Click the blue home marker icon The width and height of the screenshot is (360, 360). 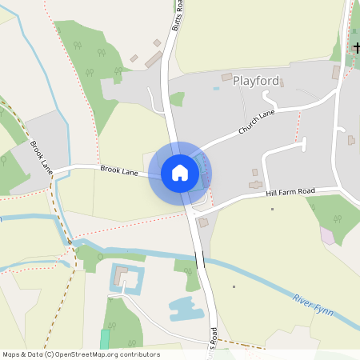[x=180, y=173]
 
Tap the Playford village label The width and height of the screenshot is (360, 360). [x=256, y=81]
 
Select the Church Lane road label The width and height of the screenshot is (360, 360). [x=256, y=122]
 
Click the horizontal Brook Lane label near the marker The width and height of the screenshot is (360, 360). [x=119, y=170]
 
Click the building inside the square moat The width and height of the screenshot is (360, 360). [x=122, y=277]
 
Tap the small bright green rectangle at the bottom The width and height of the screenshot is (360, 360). [x=105, y=338]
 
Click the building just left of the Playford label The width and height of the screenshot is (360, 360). [x=226, y=78]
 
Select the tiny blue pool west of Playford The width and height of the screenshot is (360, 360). [x=216, y=89]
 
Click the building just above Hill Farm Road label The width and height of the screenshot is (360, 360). [x=255, y=185]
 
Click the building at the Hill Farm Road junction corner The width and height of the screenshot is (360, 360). [x=202, y=222]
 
